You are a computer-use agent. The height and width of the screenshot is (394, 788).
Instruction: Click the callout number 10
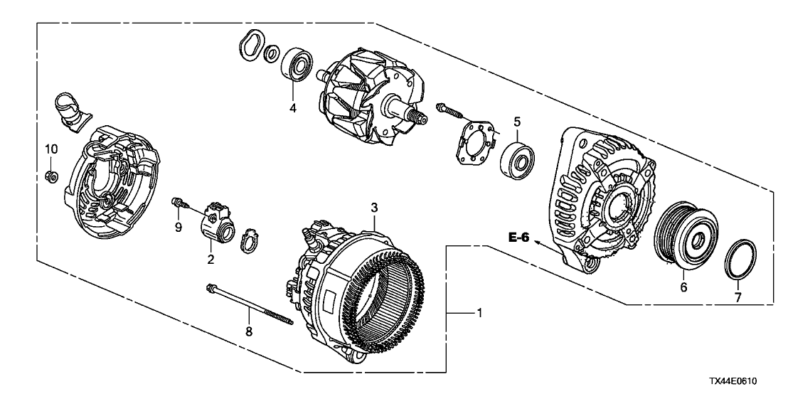click(52, 149)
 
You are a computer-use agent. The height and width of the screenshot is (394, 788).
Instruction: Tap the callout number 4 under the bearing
click(292, 107)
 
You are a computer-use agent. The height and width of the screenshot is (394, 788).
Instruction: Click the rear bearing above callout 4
click(297, 64)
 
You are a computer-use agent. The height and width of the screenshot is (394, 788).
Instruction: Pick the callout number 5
click(517, 122)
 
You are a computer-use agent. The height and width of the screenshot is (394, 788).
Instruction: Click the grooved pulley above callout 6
click(686, 236)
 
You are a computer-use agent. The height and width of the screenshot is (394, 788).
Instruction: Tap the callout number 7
click(738, 297)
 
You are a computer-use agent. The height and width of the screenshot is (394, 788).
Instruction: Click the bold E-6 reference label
click(518, 238)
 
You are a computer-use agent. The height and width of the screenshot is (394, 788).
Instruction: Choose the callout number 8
click(249, 331)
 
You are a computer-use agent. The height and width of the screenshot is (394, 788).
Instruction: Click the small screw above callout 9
click(180, 203)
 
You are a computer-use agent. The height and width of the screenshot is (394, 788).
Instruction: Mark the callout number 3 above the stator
click(374, 207)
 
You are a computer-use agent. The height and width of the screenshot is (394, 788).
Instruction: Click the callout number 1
click(479, 313)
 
